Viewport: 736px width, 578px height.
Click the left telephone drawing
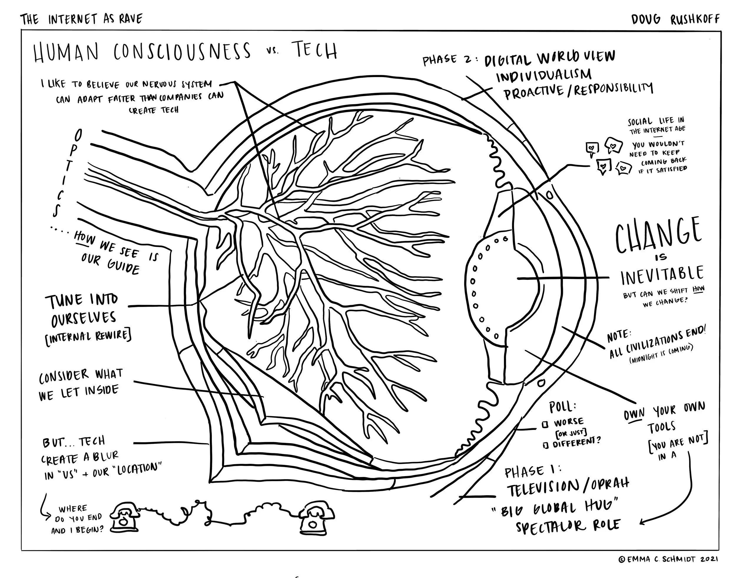(x=124, y=517)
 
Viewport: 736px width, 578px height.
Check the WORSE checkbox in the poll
(x=545, y=424)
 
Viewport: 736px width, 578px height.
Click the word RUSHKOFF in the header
(x=695, y=19)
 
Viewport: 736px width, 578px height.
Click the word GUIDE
(x=124, y=266)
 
